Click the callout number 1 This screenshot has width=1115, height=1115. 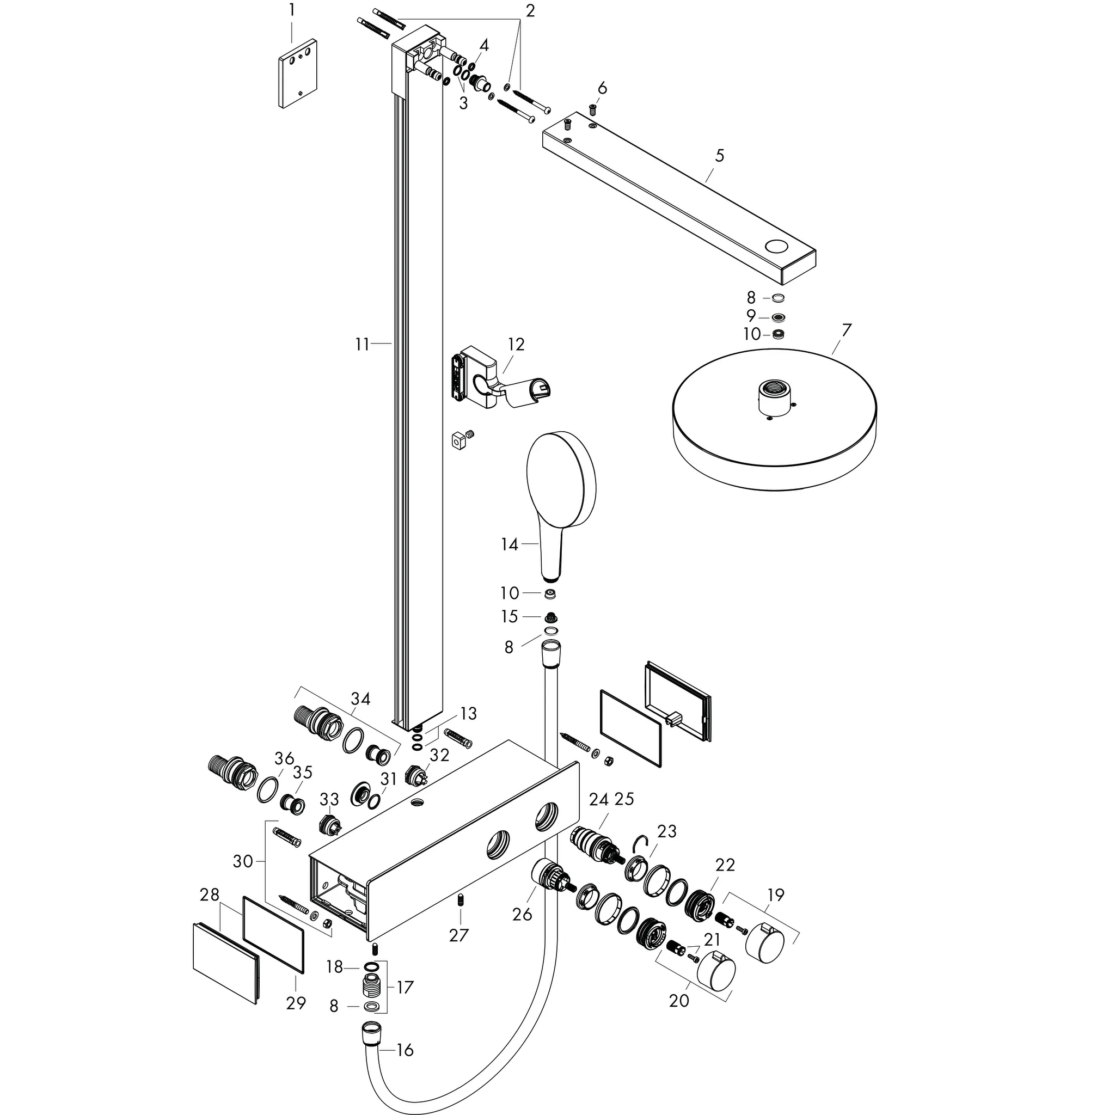tap(291, 10)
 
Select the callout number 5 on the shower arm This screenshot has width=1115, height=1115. tap(719, 155)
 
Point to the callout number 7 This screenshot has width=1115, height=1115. tap(847, 330)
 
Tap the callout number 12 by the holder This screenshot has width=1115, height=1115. tap(516, 345)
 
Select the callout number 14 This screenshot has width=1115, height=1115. tap(510, 544)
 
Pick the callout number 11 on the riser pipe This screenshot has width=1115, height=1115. tap(362, 345)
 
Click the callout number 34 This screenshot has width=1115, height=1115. tap(361, 699)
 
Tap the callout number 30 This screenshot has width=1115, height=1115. tap(243, 862)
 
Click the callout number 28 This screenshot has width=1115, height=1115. tap(210, 895)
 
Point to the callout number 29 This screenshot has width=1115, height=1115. tap(296, 1003)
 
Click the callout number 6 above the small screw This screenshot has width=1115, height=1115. tap(602, 88)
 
